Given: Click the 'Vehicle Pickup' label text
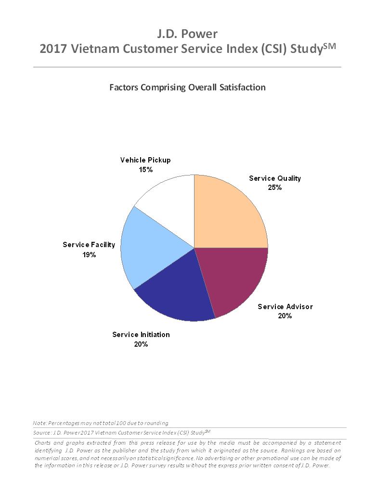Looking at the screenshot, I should pyautogui.click(x=145, y=160).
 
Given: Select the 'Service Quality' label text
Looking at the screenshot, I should pyautogui.click(x=274, y=178).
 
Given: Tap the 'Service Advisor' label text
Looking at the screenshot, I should pyautogui.click(x=285, y=307).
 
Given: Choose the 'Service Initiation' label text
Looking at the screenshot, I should pyautogui.click(x=141, y=335).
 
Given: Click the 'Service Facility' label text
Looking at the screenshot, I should pyautogui.click(x=89, y=245).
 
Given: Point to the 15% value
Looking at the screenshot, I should pyautogui.click(x=145, y=170).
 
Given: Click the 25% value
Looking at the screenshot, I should pyautogui.click(x=275, y=188).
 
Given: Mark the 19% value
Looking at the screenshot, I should pyautogui.click(x=89, y=255).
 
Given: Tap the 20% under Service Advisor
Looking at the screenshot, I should pyautogui.click(x=285, y=316).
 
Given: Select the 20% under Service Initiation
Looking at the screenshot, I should pyautogui.click(x=141, y=344).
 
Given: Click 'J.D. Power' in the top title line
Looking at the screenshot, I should pyautogui.click(x=187, y=34).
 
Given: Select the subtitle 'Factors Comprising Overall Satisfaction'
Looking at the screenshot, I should pyautogui.click(x=187, y=88).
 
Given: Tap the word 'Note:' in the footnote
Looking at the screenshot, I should pyautogui.click(x=40, y=423).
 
